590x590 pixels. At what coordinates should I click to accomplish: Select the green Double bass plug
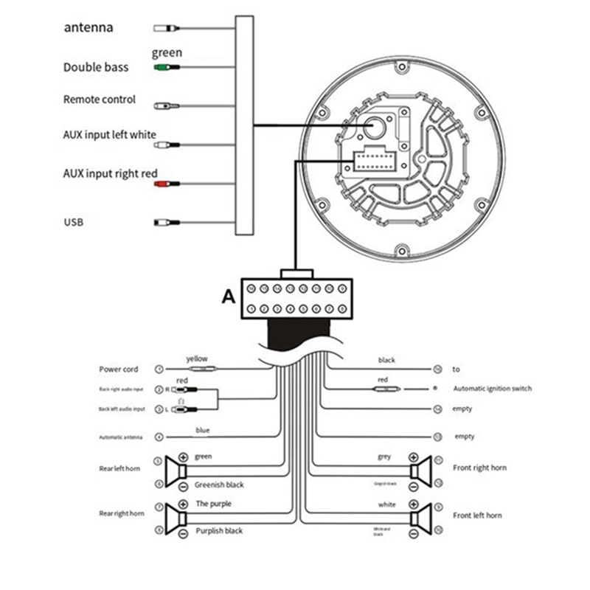pyautogui.click(x=165, y=67)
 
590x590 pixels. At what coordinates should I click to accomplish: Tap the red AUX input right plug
pyautogui.click(x=165, y=184)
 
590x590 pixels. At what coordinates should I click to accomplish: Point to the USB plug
pyautogui.click(x=164, y=222)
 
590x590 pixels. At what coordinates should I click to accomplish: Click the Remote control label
pyautogui.click(x=100, y=100)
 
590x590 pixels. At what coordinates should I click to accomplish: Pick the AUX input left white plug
pyautogui.click(x=165, y=145)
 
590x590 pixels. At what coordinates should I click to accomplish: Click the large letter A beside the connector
pyautogui.click(x=229, y=297)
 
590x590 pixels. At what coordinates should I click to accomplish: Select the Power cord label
pyautogui.click(x=118, y=369)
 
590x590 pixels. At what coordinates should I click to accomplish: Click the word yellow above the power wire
pyautogui.click(x=197, y=358)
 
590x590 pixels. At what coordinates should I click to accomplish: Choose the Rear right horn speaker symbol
pyautogui.click(x=176, y=518)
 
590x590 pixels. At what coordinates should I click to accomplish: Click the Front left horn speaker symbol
pyautogui.click(x=420, y=518)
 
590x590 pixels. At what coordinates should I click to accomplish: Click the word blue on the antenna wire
pyautogui.click(x=203, y=429)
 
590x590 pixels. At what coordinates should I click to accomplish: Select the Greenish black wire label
pyautogui.click(x=219, y=485)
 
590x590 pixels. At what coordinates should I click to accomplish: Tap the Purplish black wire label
pyautogui.click(x=219, y=531)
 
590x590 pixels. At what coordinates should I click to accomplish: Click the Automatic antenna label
pyautogui.click(x=121, y=437)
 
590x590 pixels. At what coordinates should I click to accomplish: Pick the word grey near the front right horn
pyautogui.click(x=383, y=457)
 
